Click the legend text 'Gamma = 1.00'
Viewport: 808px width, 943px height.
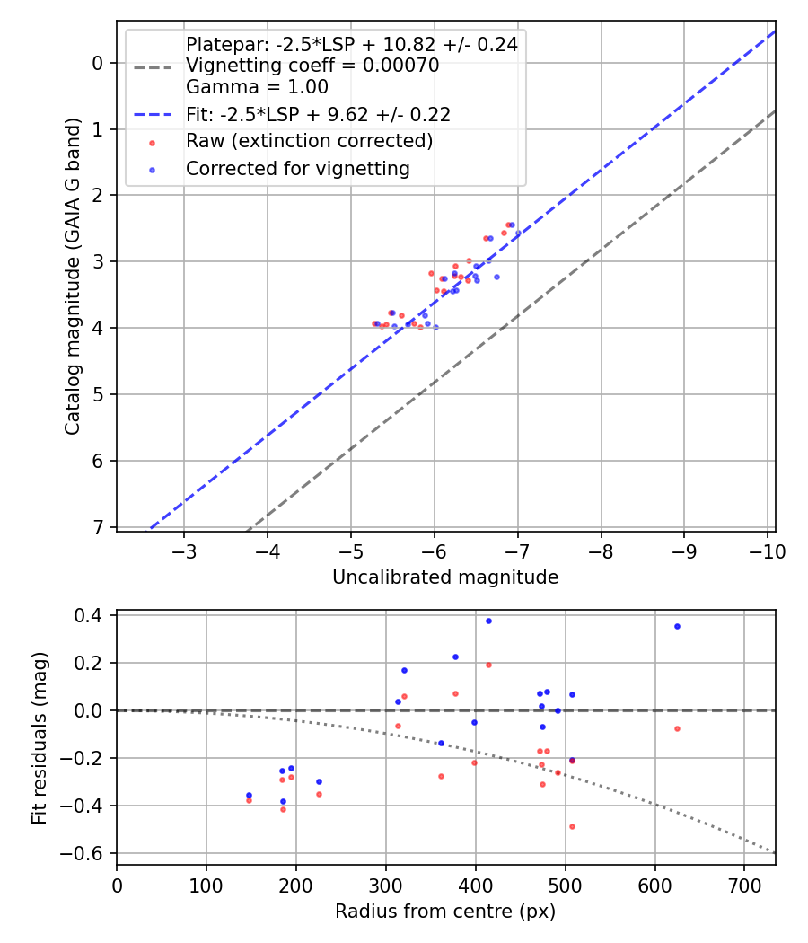[x=258, y=87]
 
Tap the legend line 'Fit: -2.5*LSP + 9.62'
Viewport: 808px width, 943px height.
[x=318, y=115]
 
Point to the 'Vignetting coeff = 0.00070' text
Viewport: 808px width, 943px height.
[x=312, y=66]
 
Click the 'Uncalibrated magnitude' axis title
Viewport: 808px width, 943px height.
[x=445, y=577]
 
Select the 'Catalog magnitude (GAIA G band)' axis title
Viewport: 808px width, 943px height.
[x=73, y=276]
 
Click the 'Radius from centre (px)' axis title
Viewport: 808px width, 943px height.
[x=445, y=912]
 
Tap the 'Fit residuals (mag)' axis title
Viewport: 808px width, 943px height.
[x=40, y=738]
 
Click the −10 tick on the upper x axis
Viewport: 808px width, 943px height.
[x=767, y=552]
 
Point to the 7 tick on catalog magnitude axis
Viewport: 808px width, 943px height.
[x=97, y=527]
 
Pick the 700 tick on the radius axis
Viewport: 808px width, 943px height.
[x=744, y=886]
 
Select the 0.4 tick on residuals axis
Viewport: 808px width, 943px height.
[x=89, y=615]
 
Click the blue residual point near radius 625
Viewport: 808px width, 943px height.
[x=677, y=627]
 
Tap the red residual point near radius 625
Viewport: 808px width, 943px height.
[x=677, y=729]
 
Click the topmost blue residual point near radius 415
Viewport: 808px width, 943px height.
[x=488, y=621]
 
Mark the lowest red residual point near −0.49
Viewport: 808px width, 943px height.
[x=572, y=827]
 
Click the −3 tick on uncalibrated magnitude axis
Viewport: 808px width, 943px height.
[x=184, y=552]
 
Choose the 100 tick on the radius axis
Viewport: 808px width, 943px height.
[x=206, y=886]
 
